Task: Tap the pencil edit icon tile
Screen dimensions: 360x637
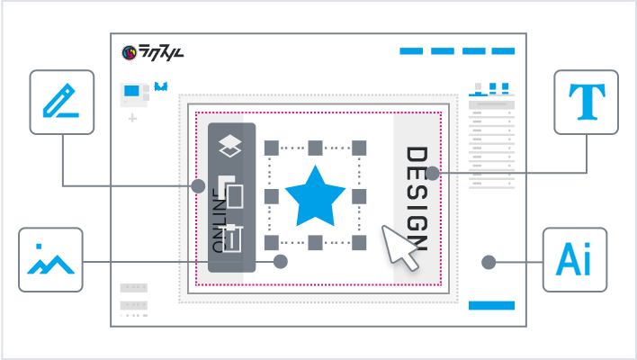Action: click(x=62, y=102)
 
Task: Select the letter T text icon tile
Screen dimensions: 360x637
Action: click(x=586, y=102)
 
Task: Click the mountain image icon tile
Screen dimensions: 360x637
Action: click(x=50, y=259)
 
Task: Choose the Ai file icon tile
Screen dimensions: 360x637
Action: click(x=575, y=260)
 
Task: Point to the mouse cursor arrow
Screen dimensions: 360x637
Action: click(x=399, y=247)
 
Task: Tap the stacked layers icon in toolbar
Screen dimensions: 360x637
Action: click(x=231, y=145)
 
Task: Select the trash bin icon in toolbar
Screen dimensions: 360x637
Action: click(x=232, y=238)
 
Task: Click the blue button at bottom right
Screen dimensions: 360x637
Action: click(x=491, y=305)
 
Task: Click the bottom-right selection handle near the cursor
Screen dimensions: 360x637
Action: click(x=359, y=243)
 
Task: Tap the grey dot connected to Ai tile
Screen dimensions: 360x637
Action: click(x=489, y=263)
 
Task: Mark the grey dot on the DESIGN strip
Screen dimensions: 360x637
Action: click(x=432, y=173)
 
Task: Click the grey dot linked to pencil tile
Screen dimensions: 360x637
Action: click(x=198, y=186)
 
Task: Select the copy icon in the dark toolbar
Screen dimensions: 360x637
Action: click(x=232, y=192)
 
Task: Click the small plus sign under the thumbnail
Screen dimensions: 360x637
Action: click(x=132, y=118)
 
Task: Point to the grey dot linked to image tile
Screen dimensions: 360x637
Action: click(x=281, y=262)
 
